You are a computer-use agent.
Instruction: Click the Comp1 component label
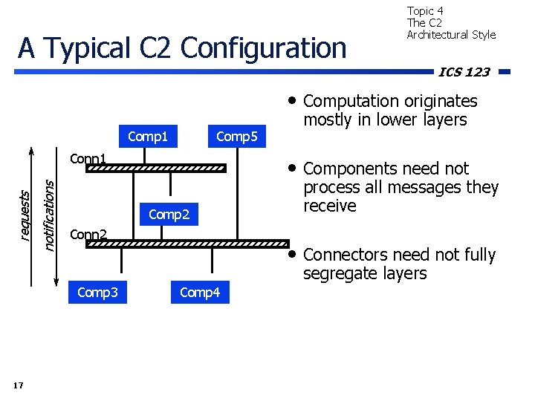pos(148,137)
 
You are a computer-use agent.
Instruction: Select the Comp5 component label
pos(236,137)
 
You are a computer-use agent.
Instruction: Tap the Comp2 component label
pos(169,215)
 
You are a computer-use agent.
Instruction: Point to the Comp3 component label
pos(97,293)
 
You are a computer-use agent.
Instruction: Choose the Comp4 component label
pos(200,293)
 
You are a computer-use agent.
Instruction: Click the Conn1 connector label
pos(88,159)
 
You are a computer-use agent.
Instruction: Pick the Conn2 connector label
pos(88,235)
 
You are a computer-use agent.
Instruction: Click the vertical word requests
pos(25,215)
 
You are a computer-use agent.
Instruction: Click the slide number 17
pos(19,385)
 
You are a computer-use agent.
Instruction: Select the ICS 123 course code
pos(464,72)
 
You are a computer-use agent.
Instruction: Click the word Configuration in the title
pos(263,48)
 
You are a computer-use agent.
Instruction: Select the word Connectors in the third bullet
pos(345,255)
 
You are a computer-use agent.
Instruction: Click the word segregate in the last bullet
pos(339,273)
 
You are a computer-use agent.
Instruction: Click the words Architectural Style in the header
pos(451,35)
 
